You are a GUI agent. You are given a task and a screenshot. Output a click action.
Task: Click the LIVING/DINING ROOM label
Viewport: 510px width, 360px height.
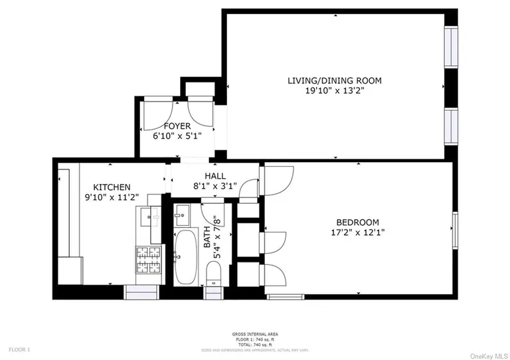334,80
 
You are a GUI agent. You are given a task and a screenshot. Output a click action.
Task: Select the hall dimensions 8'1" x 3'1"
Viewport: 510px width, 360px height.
206,187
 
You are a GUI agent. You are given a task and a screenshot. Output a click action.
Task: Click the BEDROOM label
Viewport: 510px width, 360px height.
357,222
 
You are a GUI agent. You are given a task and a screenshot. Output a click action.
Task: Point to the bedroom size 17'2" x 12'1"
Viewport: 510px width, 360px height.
357,232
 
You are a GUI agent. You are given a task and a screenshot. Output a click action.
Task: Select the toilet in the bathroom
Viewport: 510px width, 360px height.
214,274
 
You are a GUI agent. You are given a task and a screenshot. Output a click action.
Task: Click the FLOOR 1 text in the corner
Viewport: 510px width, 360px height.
19,349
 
